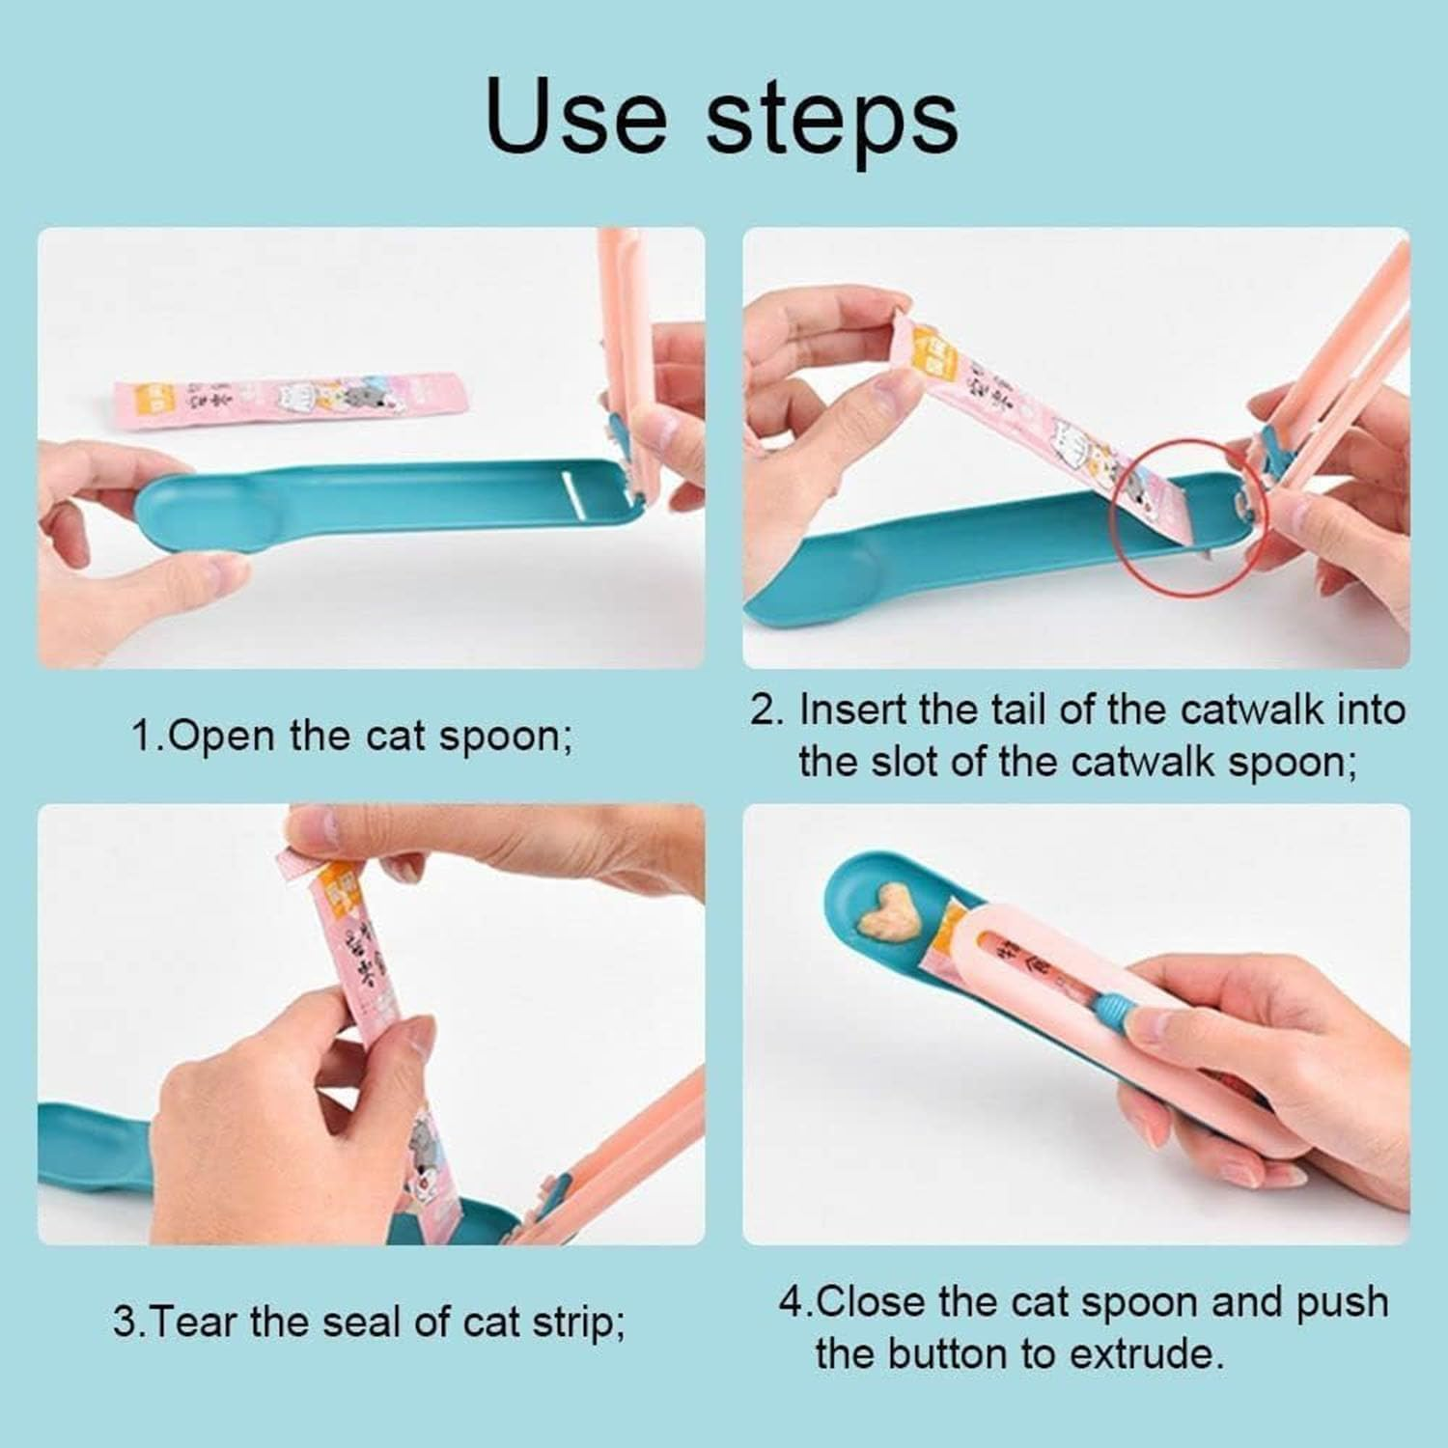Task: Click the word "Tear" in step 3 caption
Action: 196,1322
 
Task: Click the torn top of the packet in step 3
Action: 295,853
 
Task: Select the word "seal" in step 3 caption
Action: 364,1322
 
